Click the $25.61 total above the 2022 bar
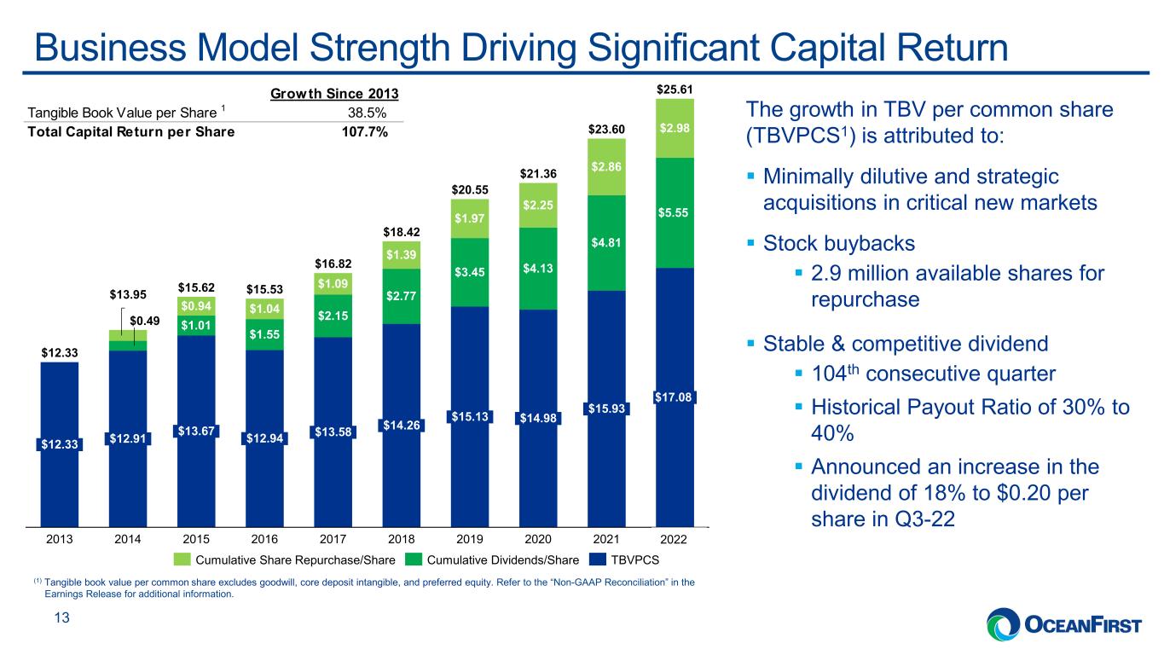point(675,90)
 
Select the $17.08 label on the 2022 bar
point(673,397)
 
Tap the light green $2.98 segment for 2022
point(675,129)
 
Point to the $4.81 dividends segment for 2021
point(606,243)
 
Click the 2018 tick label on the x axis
point(401,540)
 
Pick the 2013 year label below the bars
point(59,540)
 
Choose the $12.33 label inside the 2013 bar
point(59,444)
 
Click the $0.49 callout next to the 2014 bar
point(144,321)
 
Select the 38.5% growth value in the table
point(367,113)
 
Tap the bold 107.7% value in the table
point(365,132)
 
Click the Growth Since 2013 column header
point(334,94)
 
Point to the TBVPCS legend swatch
point(598,559)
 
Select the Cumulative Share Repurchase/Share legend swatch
point(182,559)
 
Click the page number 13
point(62,617)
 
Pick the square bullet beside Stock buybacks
point(750,242)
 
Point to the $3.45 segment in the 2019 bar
point(470,272)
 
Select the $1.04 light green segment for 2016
point(264,309)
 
